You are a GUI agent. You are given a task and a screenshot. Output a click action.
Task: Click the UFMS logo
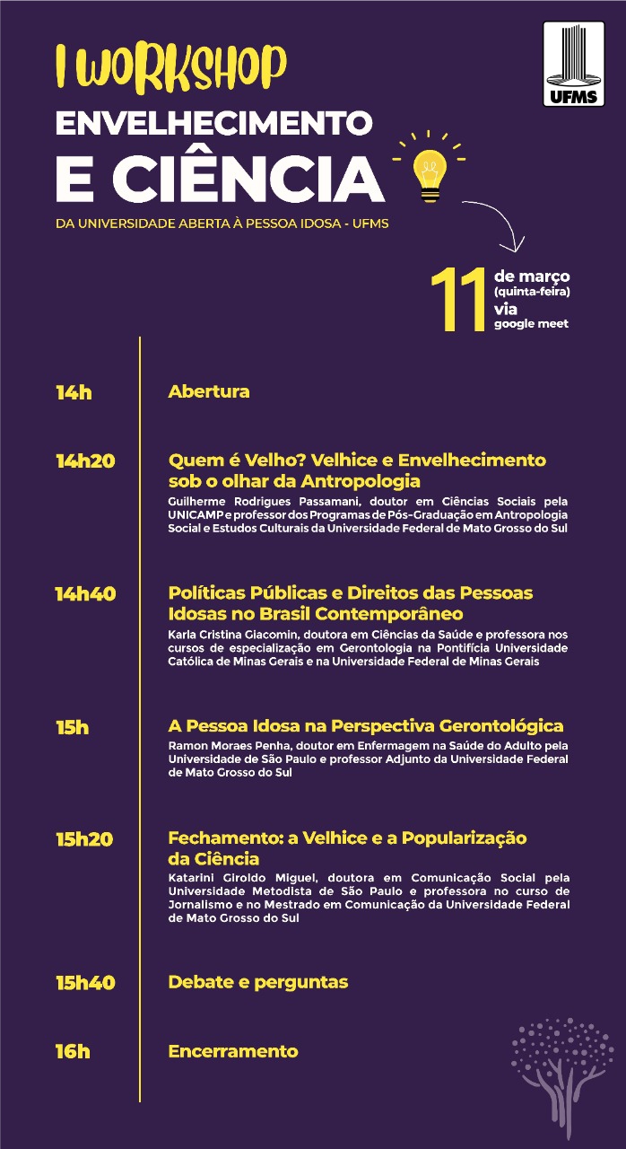click(x=574, y=64)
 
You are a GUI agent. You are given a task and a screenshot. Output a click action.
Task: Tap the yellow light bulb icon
click(x=429, y=168)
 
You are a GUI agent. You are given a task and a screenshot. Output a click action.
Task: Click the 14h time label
click(x=74, y=392)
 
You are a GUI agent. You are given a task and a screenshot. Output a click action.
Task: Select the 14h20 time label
click(x=85, y=461)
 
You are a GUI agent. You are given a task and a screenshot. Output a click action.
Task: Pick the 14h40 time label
click(x=85, y=593)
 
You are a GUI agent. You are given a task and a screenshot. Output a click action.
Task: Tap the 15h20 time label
click(x=84, y=839)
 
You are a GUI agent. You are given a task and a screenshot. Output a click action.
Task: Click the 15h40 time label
click(x=85, y=983)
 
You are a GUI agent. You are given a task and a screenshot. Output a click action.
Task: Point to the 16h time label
click(x=73, y=1052)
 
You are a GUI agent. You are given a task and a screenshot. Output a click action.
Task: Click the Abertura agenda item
click(x=209, y=391)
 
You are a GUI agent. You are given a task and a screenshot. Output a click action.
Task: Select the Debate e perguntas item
click(x=258, y=982)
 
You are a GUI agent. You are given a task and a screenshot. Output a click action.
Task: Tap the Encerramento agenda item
click(x=233, y=1051)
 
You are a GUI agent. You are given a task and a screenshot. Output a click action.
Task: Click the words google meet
click(x=531, y=324)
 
